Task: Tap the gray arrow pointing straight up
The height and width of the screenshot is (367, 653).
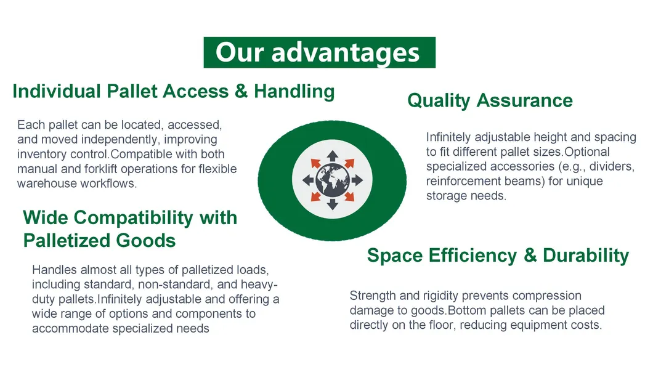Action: click(332, 155)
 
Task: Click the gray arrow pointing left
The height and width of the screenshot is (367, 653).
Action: click(307, 180)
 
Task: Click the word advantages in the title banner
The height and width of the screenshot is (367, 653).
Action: click(346, 53)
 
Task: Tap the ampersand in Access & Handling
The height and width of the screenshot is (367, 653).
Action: click(241, 91)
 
